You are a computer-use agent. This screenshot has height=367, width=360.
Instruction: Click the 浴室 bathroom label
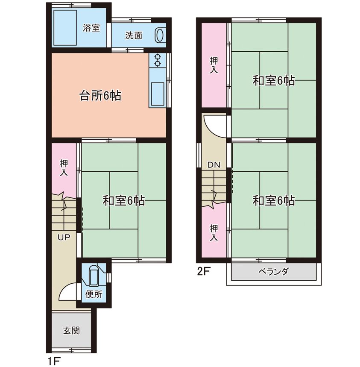(91, 28)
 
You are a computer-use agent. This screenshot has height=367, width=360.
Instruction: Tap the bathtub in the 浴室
(65, 27)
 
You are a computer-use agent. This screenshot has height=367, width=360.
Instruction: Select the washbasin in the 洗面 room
(160, 35)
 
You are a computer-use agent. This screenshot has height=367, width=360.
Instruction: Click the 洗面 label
(134, 35)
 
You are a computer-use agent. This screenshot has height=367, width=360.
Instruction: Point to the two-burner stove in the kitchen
(158, 60)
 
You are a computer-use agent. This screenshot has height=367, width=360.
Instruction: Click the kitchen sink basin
(158, 94)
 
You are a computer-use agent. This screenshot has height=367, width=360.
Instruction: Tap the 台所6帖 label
(100, 95)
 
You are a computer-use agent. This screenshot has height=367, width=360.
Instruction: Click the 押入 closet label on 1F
(64, 167)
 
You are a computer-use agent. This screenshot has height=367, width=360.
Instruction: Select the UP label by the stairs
(64, 238)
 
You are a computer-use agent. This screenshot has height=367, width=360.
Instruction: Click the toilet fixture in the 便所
(94, 276)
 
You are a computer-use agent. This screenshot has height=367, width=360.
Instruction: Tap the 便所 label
(94, 294)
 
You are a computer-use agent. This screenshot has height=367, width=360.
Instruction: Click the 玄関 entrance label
(71, 331)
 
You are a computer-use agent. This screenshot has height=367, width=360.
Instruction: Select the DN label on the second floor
(214, 165)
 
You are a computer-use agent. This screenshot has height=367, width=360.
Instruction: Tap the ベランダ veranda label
(273, 272)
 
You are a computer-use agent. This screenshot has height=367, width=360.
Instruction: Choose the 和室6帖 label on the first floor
(124, 200)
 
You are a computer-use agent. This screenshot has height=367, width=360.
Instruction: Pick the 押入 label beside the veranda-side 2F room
(214, 233)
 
